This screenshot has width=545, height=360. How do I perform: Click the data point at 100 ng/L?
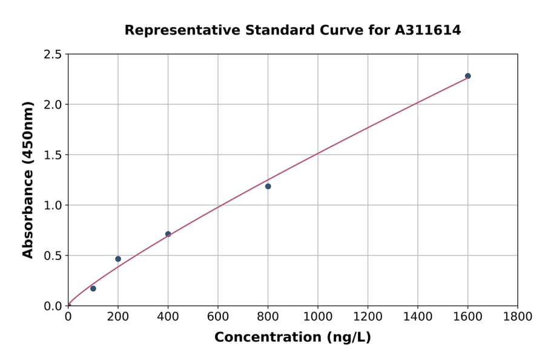tap(93, 288)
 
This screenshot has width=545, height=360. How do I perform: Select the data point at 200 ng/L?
tap(118, 259)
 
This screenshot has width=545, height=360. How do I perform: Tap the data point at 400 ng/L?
tap(168, 234)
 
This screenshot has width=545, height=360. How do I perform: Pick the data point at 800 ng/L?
tap(268, 186)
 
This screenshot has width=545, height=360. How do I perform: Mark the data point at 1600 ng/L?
tap(467, 76)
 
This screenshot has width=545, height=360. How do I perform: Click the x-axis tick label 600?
tap(218, 317)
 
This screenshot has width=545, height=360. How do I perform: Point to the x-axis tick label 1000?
tap(318, 317)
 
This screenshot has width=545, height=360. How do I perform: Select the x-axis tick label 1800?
tap(518, 317)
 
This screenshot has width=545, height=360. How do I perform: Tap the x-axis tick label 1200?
tap(368, 317)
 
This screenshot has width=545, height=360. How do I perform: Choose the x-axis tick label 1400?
tap(418, 317)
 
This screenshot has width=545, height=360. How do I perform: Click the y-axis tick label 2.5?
tap(53, 55)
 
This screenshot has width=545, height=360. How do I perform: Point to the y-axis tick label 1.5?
tap(53, 155)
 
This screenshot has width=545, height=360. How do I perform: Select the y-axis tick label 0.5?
tap(53, 256)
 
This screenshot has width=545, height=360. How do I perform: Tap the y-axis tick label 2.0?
tap(53, 105)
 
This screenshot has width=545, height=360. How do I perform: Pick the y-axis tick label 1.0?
tap(53, 205)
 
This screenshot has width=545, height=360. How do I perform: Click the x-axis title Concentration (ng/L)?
tap(292, 338)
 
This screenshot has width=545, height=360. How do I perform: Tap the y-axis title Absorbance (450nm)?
tap(28, 179)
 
